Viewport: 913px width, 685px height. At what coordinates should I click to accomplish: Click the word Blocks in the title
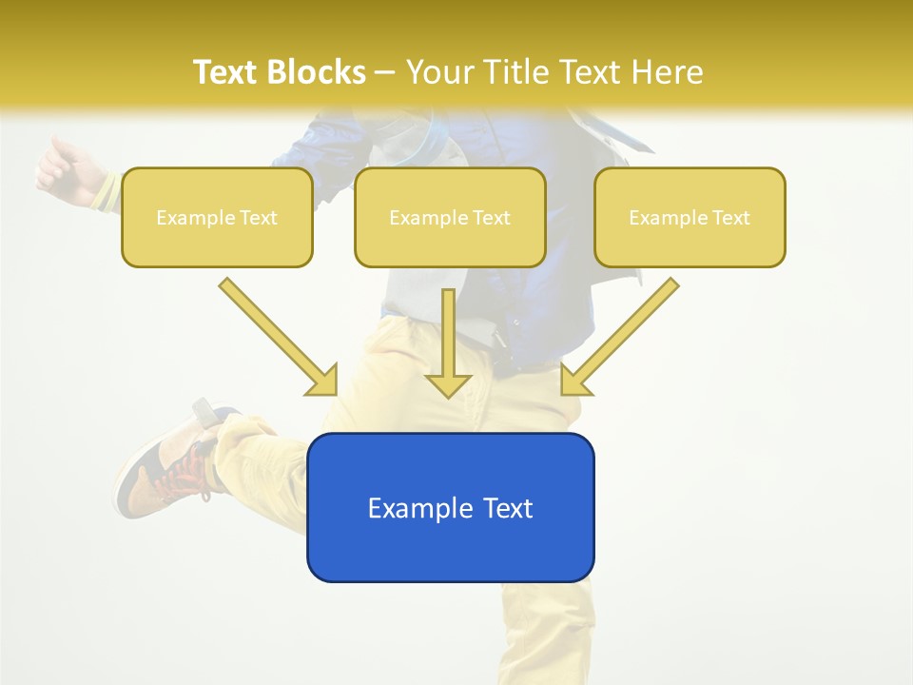point(316,72)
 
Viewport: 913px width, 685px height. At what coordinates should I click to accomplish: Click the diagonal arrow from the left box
point(276,333)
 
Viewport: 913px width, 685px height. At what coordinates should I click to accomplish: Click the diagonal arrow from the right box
point(623,333)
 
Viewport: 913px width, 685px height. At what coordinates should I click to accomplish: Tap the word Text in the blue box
point(503,508)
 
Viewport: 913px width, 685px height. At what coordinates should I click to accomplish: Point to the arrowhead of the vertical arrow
point(448,384)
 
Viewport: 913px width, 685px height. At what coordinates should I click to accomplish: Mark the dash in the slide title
point(385,72)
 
